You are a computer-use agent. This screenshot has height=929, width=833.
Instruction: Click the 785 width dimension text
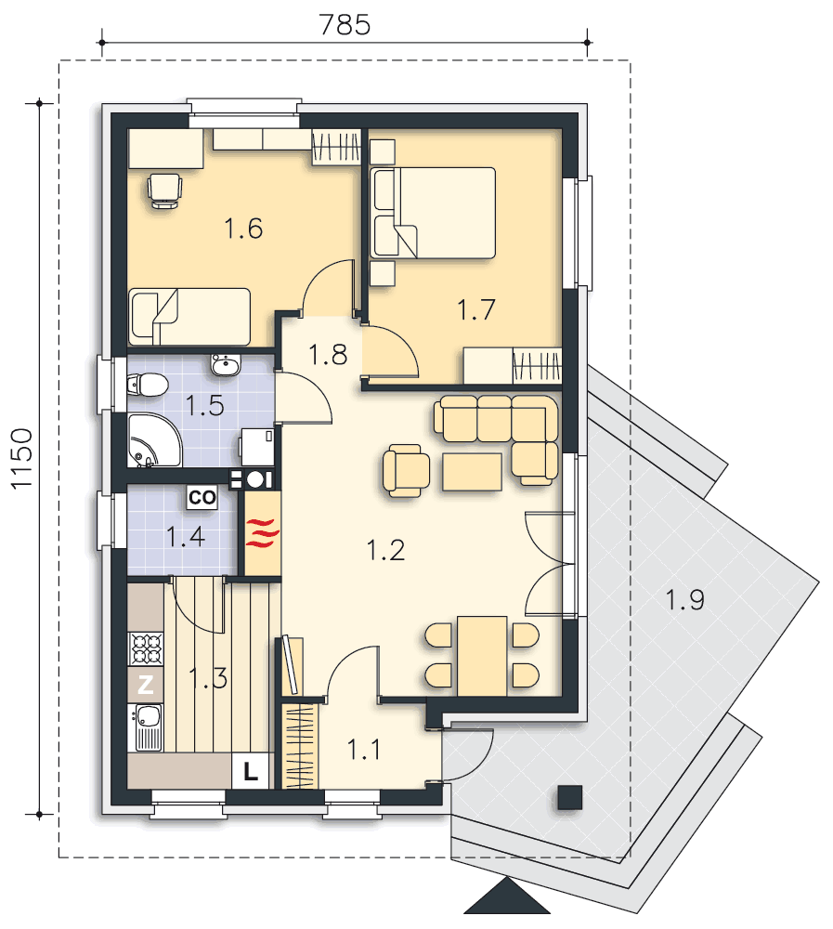click(x=345, y=25)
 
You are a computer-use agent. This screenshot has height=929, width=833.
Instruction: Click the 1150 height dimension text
click(x=22, y=459)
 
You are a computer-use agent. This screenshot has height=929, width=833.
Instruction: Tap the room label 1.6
click(x=243, y=229)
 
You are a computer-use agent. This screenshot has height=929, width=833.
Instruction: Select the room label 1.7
click(x=476, y=310)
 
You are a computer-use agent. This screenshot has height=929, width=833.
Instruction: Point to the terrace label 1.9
click(x=685, y=599)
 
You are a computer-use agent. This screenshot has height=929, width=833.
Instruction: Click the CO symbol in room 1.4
click(x=202, y=497)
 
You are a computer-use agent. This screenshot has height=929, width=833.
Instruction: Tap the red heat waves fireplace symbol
click(x=263, y=532)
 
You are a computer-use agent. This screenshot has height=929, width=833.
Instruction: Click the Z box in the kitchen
click(x=145, y=685)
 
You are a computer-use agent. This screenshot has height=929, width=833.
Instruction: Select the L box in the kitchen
click(x=250, y=771)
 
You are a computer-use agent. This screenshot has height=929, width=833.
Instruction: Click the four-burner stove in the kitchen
click(x=146, y=648)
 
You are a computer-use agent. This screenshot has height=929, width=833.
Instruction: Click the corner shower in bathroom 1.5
click(x=153, y=440)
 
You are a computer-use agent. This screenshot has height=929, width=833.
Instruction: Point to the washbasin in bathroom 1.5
click(x=225, y=365)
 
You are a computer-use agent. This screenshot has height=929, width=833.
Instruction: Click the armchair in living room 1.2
click(x=406, y=471)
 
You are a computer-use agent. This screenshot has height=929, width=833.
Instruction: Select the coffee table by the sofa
click(x=472, y=472)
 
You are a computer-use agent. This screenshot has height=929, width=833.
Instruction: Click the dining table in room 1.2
click(x=482, y=656)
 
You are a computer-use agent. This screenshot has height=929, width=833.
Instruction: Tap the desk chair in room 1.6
click(x=164, y=190)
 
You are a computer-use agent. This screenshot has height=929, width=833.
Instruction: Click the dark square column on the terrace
click(x=570, y=797)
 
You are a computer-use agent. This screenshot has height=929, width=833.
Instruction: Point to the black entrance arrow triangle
click(x=507, y=896)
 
